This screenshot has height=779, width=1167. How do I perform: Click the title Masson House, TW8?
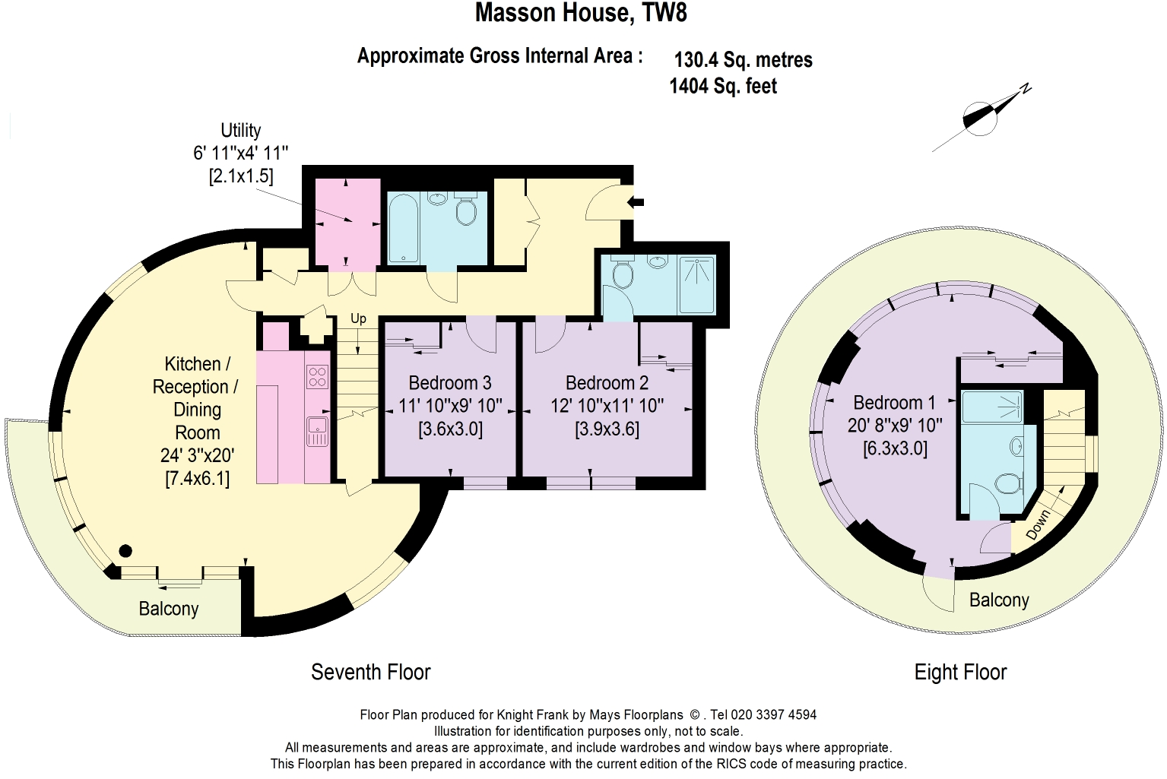581,12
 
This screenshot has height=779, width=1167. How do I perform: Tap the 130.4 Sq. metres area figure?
744,60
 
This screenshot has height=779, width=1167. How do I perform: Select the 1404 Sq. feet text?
723,86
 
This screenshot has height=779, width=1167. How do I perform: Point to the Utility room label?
241,130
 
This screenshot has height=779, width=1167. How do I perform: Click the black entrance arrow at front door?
636,203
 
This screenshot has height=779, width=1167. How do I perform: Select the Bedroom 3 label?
450,383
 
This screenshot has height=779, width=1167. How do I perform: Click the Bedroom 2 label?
607,383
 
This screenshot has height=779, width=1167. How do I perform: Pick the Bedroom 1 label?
894,403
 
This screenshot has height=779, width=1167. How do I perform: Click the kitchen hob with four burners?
317,377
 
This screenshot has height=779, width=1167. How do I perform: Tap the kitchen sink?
317,431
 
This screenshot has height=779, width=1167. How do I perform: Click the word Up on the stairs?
358,318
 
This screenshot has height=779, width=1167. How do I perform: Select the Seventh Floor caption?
371,672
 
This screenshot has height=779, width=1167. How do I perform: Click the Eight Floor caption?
961,673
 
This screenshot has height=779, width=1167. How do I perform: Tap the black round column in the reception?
125,550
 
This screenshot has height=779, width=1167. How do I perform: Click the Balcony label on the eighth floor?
999,600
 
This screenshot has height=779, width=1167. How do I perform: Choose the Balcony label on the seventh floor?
169,609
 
